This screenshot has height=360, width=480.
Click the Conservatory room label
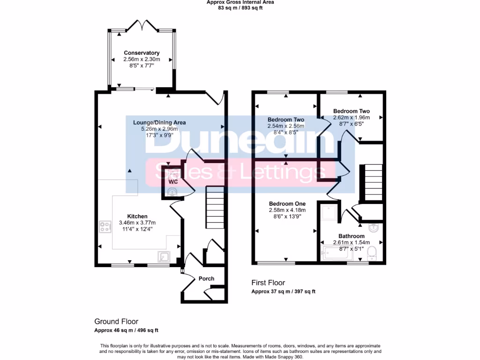[x=142, y=53]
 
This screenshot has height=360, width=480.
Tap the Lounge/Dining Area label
[x=159, y=122]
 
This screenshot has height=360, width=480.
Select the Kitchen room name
[x=137, y=216]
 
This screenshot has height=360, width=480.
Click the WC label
[x=173, y=182]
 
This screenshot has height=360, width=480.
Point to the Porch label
[x=206, y=278]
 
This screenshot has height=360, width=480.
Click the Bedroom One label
[x=287, y=203]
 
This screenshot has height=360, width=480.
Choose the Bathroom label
[x=352, y=236]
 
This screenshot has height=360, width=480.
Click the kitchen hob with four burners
[x=105, y=227]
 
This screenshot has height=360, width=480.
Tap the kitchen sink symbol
[x=164, y=257]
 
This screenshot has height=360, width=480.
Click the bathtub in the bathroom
[x=336, y=253]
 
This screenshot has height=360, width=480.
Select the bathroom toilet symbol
[x=372, y=253]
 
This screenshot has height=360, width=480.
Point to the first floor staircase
[x=373, y=182]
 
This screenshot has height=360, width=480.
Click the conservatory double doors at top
[x=142, y=25]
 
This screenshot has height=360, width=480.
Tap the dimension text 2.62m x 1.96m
[x=352, y=118]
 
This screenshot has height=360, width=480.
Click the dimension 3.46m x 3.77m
[x=137, y=223]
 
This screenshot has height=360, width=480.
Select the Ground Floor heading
[x=116, y=322]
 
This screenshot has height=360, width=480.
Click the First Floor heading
[x=268, y=283]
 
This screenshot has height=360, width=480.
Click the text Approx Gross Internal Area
[x=240, y=2]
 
